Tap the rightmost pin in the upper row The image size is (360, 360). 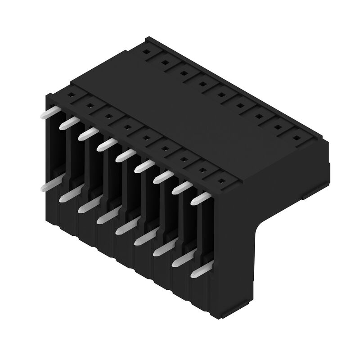201,198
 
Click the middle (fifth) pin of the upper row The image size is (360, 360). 125,155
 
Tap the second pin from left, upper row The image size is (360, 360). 68,123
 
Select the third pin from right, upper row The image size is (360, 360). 163,177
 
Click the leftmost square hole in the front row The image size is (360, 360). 71,95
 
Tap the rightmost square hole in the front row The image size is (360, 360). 221,181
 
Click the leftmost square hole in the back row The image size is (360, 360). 146,51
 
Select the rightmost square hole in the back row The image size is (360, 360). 297,138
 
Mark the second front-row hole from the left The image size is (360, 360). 90,106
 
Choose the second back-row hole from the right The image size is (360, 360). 278,127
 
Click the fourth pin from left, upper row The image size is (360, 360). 106,144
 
